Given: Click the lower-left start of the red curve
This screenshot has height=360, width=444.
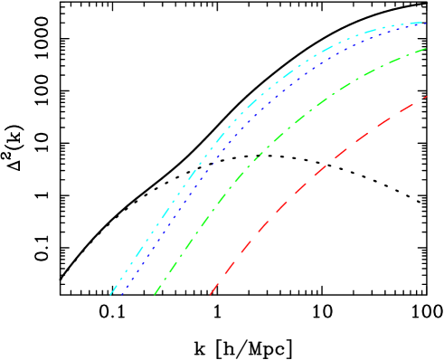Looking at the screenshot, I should pyautogui.click(x=211, y=294).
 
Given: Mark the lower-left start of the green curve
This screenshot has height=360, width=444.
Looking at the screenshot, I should pyautogui.click(x=155, y=294).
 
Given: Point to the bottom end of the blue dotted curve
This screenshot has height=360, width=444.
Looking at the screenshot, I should pyautogui.click(x=121, y=294).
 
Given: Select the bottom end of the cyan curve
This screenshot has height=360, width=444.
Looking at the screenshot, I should pyautogui.click(x=110, y=294).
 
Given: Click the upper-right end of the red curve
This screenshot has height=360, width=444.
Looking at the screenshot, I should pyautogui.click(x=426, y=96).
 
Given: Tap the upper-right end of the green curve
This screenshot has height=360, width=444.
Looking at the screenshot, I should pyautogui.click(x=426, y=49).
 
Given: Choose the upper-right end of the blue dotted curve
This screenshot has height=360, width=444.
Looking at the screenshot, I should pyautogui.click(x=426, y=23).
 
